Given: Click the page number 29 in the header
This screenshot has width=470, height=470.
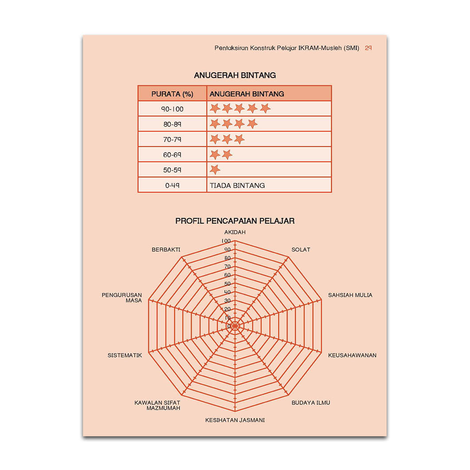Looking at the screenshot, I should pyautogui.click(x=368, y=48).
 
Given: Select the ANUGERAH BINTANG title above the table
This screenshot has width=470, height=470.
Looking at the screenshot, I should pyautogui.click(x=235, y=75).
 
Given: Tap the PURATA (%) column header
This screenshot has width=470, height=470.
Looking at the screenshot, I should pyautogui.click(x=172, y=94).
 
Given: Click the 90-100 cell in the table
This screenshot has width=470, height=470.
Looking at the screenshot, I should pyautogui.click(x=172, y=109).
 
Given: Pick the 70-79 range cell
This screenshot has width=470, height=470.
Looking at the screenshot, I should pyautogui.click(x=172, y=140).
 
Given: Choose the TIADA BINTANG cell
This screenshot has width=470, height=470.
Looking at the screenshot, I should pyautogui.click(x=237, y=185).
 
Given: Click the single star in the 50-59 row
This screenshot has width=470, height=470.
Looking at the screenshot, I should pyautogui.click(x=215, y=170).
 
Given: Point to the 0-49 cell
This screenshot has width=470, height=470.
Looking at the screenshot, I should pyautogui.click(x=172, y=185).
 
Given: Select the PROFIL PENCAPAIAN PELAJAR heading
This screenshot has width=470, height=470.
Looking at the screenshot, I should pyautogui.click(x=235, y=221).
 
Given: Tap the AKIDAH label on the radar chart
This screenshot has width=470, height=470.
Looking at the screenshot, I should pyautogui.click(x=235, y=232).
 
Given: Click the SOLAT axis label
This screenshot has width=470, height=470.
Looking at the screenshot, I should pyautogui.click(x=301, y=250).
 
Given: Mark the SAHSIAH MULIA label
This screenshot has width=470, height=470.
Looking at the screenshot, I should pyautogui.click(x=350, y=295).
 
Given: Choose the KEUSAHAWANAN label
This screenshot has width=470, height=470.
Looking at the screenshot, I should pyautogui.click(x=352, y=355).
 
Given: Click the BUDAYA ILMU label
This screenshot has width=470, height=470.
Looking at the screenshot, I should pyautogui.click(x=311, y=403).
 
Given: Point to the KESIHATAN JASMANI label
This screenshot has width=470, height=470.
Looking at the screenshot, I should pyautogui.click(x=235, y=420).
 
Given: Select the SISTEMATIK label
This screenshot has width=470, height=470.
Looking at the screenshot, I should pyautogui.click(x=125, y=355).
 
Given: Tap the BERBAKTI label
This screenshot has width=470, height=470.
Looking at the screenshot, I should pyautogui.click(x=166, y=250).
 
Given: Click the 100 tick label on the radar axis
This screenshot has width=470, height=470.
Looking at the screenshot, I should pyautogui.click(x=226, y=241).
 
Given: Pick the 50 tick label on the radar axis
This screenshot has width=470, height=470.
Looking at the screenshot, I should pyautogui.click(x=227, y=284).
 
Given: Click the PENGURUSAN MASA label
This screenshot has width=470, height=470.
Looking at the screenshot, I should pyautogui.click(x=122, y=298).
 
